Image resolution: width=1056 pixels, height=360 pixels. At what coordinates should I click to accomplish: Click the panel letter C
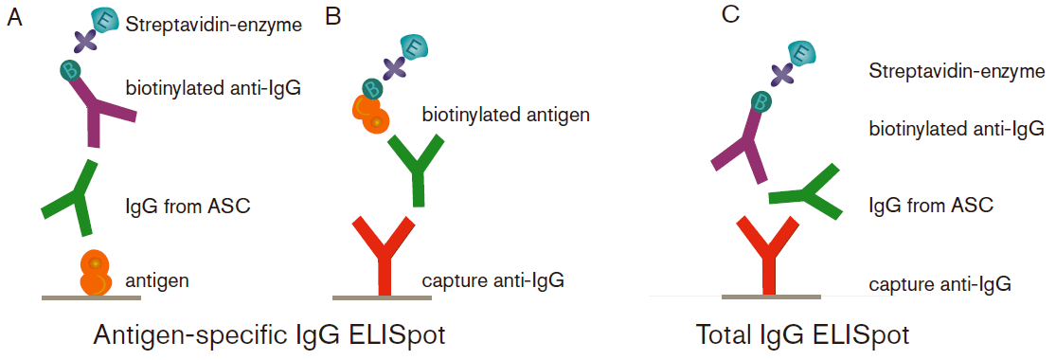click(729, 14)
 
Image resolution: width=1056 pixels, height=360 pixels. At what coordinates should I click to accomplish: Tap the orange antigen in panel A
click(95, 273)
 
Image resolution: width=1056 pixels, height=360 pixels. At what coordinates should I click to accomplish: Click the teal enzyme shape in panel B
click(414, 46)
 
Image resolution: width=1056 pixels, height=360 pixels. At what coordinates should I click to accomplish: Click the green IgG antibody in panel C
click(806, 193)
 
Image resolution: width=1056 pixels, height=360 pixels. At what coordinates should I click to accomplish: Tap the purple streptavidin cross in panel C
click(783, 73)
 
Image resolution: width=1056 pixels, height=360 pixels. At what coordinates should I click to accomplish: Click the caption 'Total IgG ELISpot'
click(802, 334)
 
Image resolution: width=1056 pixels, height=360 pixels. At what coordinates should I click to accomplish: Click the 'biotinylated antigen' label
click(506, 116)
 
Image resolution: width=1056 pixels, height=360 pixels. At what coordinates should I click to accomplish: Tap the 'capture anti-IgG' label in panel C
click(940, 283)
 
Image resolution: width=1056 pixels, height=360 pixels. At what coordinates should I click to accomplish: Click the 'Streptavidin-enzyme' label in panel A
click(213, 26)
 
